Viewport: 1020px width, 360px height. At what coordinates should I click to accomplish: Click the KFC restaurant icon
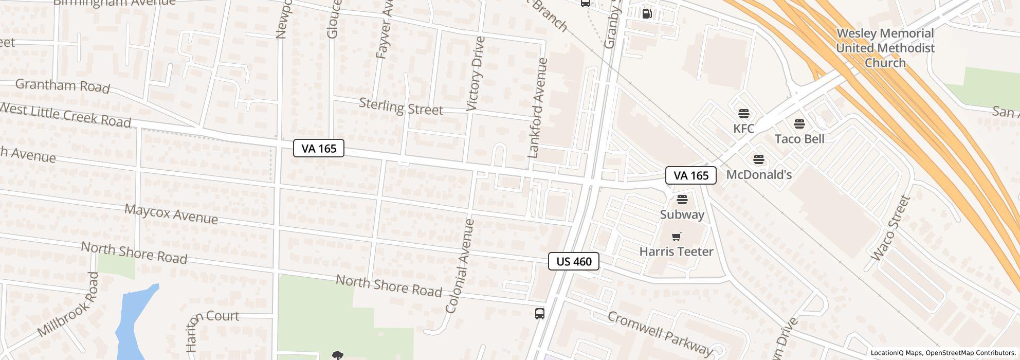tap(743, 113)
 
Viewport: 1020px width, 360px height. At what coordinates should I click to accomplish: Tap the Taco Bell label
tap(799, 139)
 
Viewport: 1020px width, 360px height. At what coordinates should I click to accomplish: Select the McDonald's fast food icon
tap(758, 159)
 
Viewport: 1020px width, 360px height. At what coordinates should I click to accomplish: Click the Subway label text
tap(682, 214)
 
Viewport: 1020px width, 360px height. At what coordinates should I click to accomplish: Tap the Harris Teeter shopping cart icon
tap(677, 237)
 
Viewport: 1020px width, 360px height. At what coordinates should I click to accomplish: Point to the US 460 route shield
tap(574, 261)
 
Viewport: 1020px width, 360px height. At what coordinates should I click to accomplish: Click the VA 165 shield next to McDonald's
tap(690, 175)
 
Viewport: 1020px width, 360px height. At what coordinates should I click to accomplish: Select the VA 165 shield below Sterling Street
tap(319, 149)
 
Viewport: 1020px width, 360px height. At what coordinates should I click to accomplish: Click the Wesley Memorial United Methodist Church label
tap(885, 48)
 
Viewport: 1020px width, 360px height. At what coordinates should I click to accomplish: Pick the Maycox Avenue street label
tap(171, 213)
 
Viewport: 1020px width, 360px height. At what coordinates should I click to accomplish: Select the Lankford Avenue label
tap(538, 108)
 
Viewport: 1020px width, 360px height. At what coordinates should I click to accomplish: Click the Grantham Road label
tap(63, 86)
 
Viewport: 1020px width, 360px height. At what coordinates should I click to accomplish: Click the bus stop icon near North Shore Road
tap(539, 313)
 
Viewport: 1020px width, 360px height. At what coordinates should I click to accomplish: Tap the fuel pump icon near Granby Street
tap(647, 13)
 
